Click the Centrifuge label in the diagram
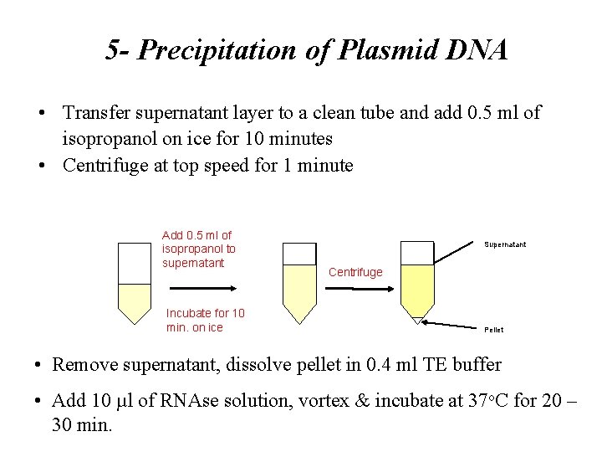coord(355,272)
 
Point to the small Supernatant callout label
coord(505,245)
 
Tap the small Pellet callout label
coord(494,330)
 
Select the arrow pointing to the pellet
coord(456,323)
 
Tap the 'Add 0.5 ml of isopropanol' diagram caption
coord(198,249)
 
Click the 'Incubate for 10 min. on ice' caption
coord(207,320)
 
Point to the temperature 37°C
coord(462,400)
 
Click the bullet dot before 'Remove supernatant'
coord(39,365)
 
